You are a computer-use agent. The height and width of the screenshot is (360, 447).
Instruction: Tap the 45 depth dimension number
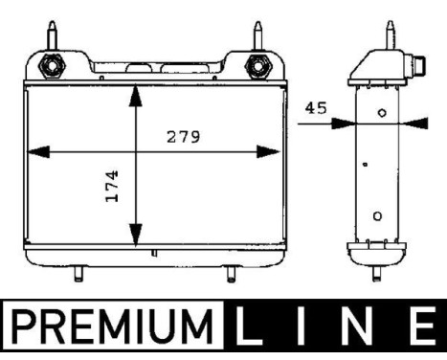click(315, 108)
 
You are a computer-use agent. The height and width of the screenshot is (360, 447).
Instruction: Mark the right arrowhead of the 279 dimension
click(274, 150)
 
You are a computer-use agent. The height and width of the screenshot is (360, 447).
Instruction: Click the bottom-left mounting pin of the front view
click(76, 276)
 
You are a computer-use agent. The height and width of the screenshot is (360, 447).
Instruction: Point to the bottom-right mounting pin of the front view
click(230, 276)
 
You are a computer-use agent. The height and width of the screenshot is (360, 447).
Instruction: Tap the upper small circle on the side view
click(382, 112)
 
